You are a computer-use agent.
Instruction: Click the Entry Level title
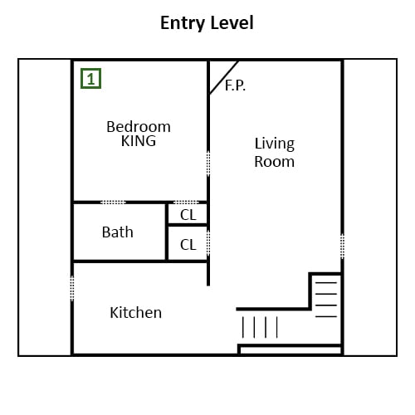coord(207,23)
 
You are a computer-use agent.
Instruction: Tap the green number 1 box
coord(90,79)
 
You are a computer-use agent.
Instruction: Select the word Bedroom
coord(139,127)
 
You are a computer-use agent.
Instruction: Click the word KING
coord(139,141)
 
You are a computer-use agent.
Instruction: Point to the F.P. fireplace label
coord(235,85)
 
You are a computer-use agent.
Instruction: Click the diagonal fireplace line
coord(224,77)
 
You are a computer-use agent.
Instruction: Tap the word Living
coord(275,144)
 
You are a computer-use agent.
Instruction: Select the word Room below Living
coord(274,162)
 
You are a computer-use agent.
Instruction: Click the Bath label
coord(118,232)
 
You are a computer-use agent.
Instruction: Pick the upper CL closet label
coord(188,215)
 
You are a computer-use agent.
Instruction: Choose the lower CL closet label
coord(188,245)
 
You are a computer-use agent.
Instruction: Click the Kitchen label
coord(136,313)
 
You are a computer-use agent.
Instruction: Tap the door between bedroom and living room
coord(208,164)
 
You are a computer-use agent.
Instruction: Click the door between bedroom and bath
coord(113,203)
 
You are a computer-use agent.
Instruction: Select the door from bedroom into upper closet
coord(186,203)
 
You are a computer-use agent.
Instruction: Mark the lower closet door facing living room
coord(208,242)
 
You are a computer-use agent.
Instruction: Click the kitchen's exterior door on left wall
coord(72,288)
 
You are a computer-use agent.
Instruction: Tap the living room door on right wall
coord(342,247)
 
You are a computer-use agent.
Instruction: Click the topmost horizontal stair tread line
coord(326,283)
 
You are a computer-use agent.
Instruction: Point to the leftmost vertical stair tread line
coord(243,327)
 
